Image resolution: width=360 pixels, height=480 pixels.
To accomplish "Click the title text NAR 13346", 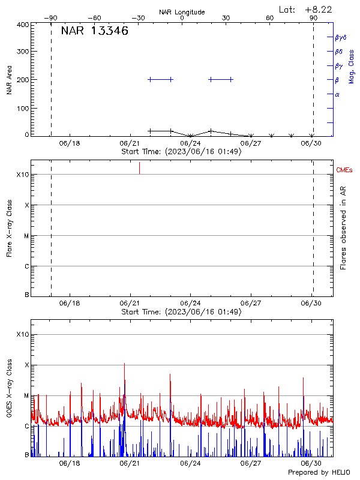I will pos(95,31).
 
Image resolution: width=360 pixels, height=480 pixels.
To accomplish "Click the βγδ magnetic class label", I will pos(340,37).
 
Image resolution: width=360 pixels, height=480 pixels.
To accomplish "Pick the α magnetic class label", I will pos(337,94).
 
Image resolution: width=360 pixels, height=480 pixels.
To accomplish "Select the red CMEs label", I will pos(344,171).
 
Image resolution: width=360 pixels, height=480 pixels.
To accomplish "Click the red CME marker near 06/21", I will pos(139,168).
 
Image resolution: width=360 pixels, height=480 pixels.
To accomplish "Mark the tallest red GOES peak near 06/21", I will pos(124,364).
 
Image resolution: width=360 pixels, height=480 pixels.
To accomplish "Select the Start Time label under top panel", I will pos(181,151).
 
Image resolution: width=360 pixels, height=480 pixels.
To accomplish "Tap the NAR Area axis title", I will pos(9,79).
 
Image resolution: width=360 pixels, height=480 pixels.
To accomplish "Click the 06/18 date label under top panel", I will pos(70,143).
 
